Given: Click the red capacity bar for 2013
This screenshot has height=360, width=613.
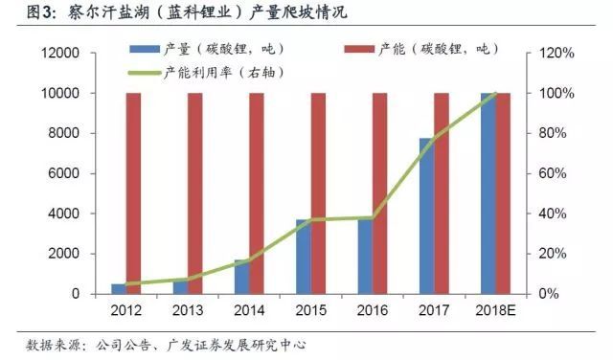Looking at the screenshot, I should coord(195,191).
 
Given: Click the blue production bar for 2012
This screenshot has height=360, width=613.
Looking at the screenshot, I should coord(118,288).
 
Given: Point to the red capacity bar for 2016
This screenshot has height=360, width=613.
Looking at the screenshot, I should coord(379,191).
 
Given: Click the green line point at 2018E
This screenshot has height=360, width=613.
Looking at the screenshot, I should coord(495,94).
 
